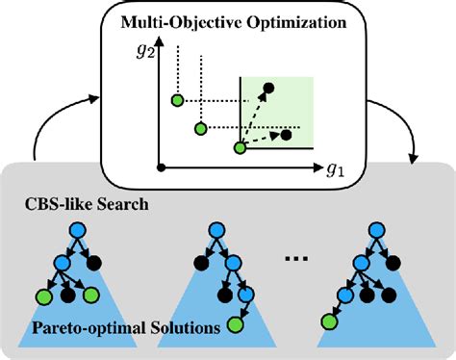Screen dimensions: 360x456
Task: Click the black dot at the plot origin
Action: [160, 167]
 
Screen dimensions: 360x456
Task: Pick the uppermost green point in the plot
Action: [177, 100]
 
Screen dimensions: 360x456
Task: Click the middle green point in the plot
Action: [200, 128]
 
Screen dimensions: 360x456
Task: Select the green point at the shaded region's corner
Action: [241, 148]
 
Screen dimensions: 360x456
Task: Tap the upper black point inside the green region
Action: [269, 90]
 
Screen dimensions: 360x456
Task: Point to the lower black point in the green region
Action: [287, 134]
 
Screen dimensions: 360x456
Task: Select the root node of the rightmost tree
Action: [369, 232]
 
